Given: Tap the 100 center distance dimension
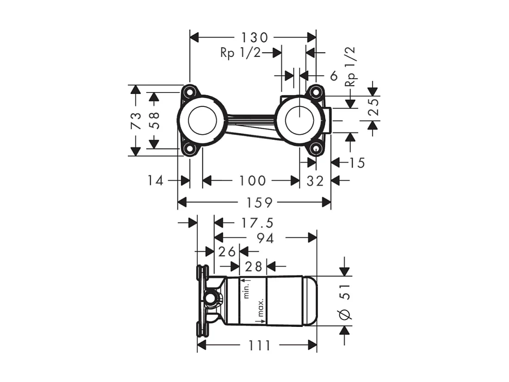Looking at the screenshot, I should tap(252, 180).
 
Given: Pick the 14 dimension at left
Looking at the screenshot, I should tap(156, 180).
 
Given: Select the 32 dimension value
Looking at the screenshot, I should tap(315, 180).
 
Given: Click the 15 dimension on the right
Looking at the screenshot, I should tap(356, 163).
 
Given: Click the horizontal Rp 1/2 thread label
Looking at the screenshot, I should tap(240, 53).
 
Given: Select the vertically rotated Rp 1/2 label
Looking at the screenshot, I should tap(351, 66).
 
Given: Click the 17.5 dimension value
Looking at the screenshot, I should tap(257, 223).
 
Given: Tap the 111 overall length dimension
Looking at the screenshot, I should tap(258, 345).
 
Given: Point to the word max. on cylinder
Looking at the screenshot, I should tap(261, 308).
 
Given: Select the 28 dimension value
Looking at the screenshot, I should tap(253, 266).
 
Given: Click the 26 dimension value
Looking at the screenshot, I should tap(227, 251).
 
